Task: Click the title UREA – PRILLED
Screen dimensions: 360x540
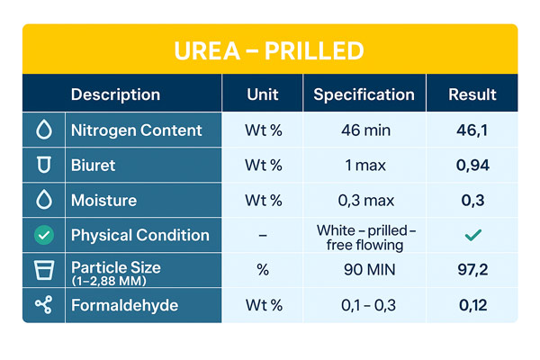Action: click(x=269, y=49)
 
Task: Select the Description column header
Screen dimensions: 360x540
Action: click(x=115, y=94)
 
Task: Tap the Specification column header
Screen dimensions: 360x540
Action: click(x=364, y=94)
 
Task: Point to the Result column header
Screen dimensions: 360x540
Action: click(x=472, y=94)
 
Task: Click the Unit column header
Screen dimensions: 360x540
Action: click(x=264, y=94)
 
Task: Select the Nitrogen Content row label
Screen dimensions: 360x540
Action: click(x=136, y=130)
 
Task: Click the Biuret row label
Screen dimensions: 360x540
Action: click(x=93, y=166)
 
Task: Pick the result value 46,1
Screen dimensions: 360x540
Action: click(x=472, y=130)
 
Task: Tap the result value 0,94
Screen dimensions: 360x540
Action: click(x=472, y=166)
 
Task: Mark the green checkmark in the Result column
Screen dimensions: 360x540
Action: click(x=472, y=236)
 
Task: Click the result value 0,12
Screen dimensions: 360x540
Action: click(x=472, y=306)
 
